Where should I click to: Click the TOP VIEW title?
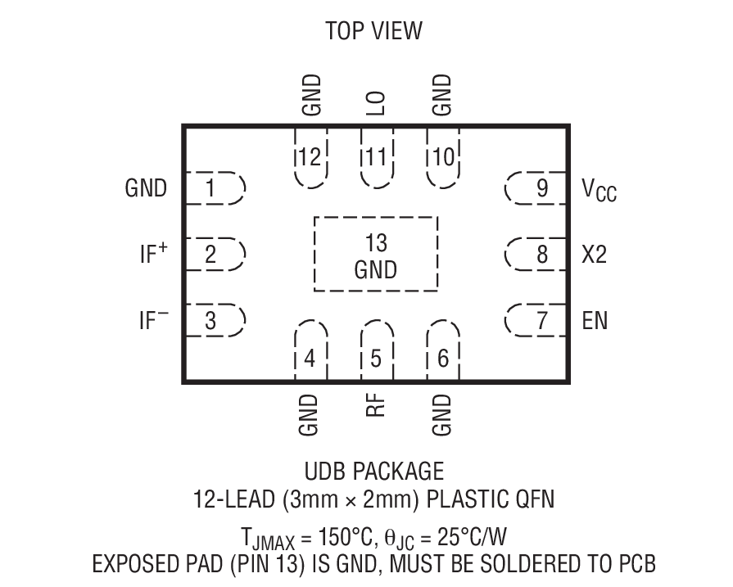click(x=373, y=31)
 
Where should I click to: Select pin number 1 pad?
click(x=212, y=189)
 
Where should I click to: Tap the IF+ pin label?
click(x=152, y=254)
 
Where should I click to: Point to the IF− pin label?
click(x=152, y=319)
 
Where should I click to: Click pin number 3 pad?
click(x=212, y=320)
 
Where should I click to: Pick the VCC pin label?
click(x=600, y=191)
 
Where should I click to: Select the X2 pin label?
click(x=595, y=255)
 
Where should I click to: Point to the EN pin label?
click(x=595, y=319)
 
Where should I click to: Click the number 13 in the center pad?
click(x=376, y=243)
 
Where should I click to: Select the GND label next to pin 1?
click(x=146, y=189)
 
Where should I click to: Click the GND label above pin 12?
click(x=310, y=95)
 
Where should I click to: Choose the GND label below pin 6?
click(x=442, y=415)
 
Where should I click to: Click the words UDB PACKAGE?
click(x=373, y=472)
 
